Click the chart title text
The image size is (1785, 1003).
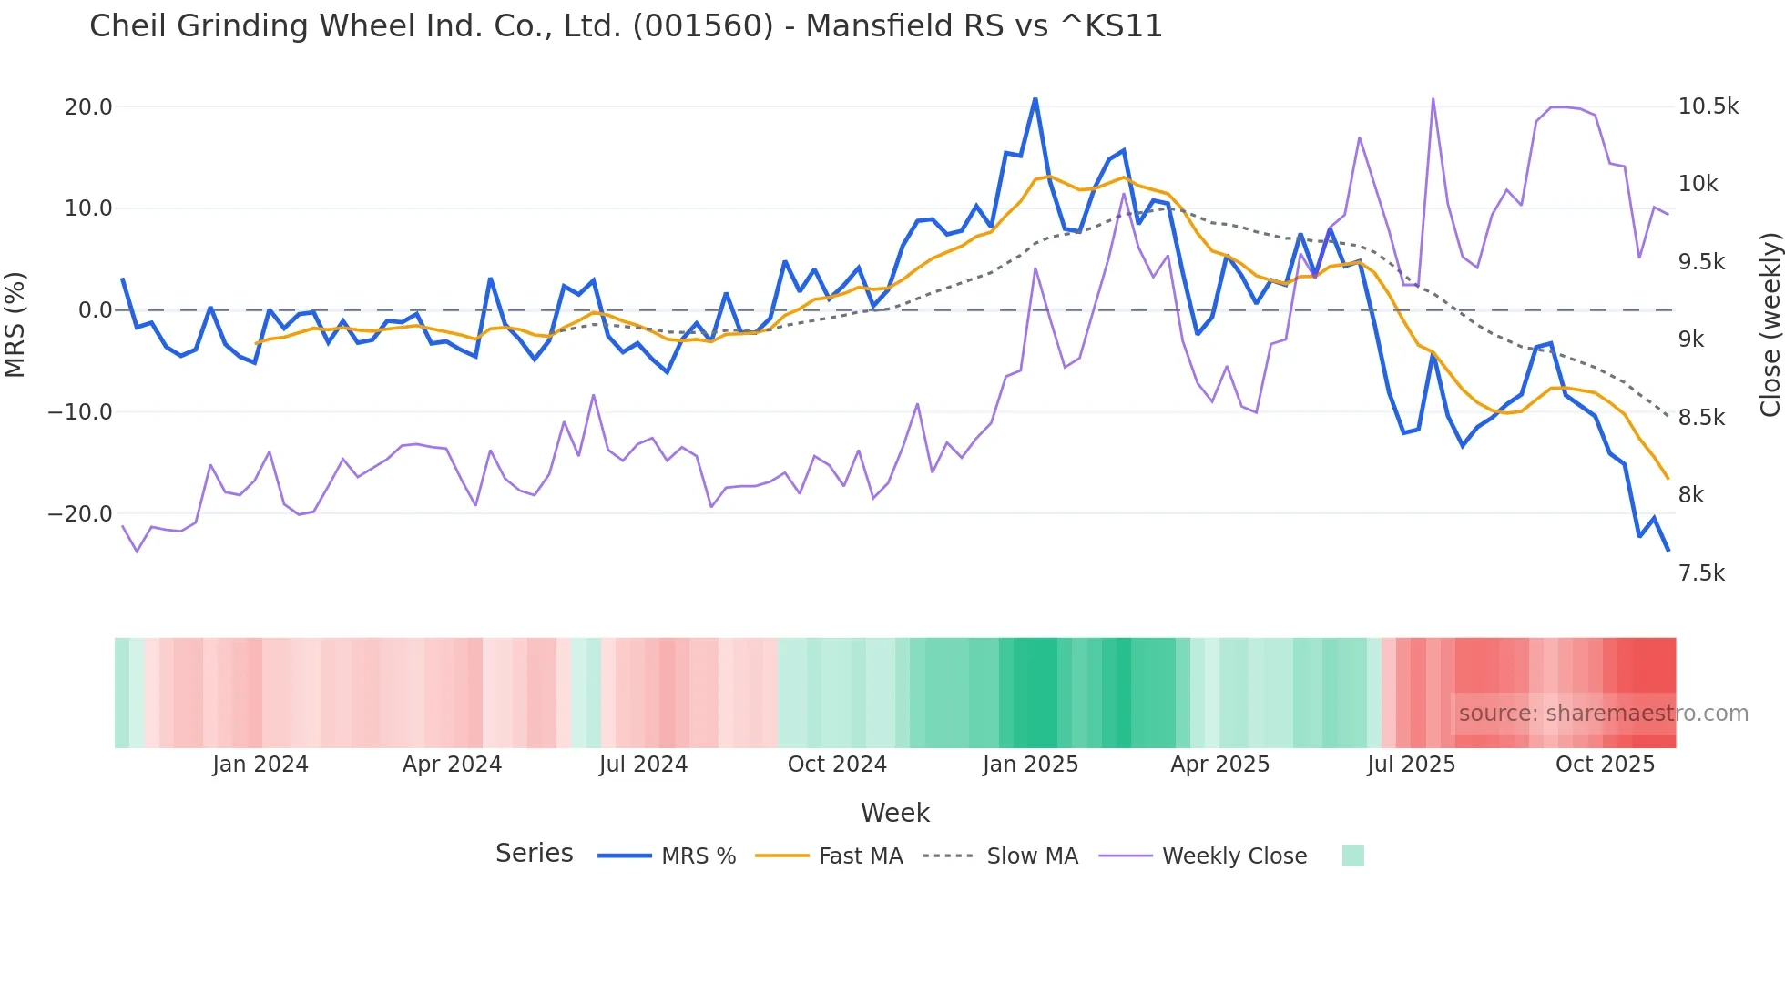(626, 25)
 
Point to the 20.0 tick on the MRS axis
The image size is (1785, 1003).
(88, 106)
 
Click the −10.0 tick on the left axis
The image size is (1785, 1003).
(80, 411)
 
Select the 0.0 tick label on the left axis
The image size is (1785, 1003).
(95, 310)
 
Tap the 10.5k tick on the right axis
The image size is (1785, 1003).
(1708, 106)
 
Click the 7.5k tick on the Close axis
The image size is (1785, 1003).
(1701, 572)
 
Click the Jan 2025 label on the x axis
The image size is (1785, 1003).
(1030, 764)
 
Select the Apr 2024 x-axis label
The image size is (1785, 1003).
(452, 764)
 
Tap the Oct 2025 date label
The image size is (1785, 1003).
(1605, 764)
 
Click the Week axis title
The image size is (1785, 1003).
(894, 813)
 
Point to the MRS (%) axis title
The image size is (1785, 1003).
(15, 324)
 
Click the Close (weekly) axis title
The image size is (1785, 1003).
(1770, 324)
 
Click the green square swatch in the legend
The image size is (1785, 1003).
(1352, 856)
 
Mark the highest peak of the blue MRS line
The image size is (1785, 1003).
(1035, 99)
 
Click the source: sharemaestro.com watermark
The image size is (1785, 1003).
(1603, 713)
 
